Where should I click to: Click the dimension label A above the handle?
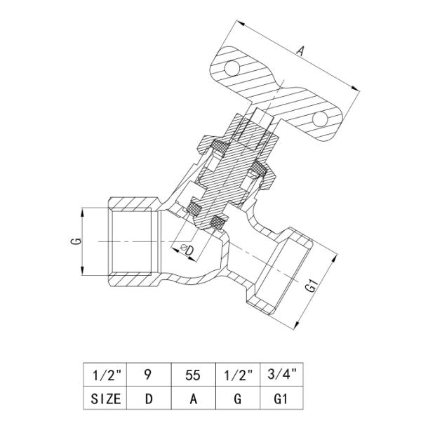click(301, 51)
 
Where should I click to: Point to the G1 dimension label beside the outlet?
click(312, 286)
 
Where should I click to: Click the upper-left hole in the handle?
click(232, 68)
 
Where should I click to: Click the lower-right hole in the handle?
click(320, 119)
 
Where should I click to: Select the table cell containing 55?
click(194, 375)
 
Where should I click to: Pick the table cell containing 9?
click(149, 375)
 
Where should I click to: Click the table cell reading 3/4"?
click(281, 375)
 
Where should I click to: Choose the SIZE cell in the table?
click(105, 398)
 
